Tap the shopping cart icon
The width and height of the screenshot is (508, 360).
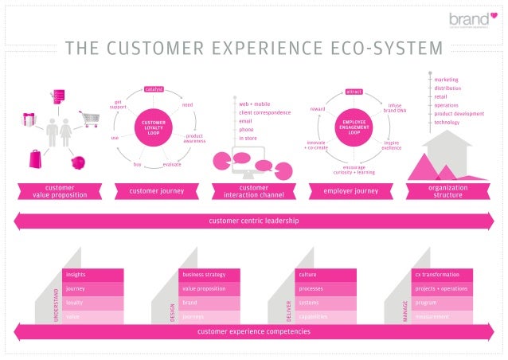[x=89, y=119]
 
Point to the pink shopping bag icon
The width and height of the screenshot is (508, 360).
[x=35, y=158]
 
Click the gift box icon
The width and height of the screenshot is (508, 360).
[x=29, y=119]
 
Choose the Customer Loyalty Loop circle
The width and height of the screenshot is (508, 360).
[x=154, y=127]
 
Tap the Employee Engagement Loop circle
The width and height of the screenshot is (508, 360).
[x=354, y=128]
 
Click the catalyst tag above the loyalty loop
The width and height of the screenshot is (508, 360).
[x=154, y=89]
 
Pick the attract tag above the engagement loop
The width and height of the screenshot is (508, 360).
[x=354, y=92]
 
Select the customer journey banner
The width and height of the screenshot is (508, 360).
[x=156, y=191]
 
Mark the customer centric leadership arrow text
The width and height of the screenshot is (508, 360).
[x=253, y=221]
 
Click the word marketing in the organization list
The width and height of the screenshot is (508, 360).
[x=447, y=80]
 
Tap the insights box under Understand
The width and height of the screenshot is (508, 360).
[x=93, y=275]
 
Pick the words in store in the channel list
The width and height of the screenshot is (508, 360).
[x=248, y=138]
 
